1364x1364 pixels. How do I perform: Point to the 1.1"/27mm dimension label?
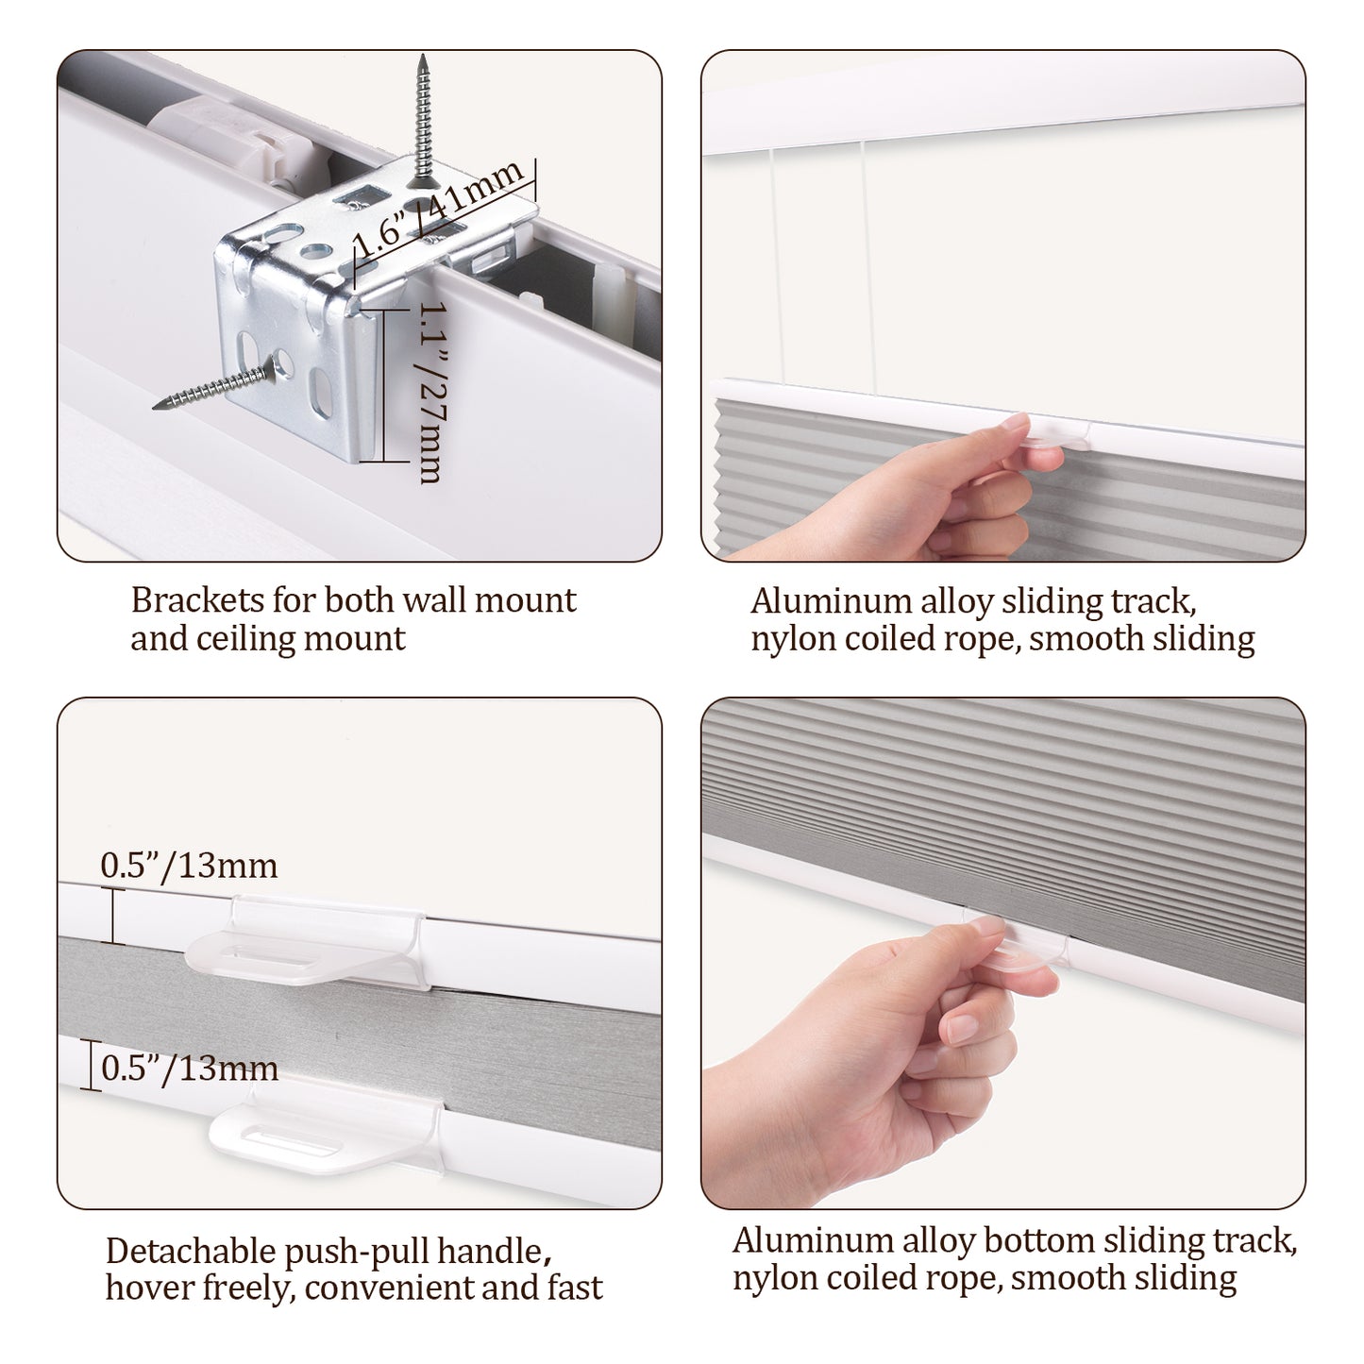click(431, 393)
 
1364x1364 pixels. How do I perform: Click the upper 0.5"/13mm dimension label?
click(188, 866)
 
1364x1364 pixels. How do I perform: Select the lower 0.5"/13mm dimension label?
click(189, 1068)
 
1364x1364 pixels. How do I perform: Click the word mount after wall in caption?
click(525, 600)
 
